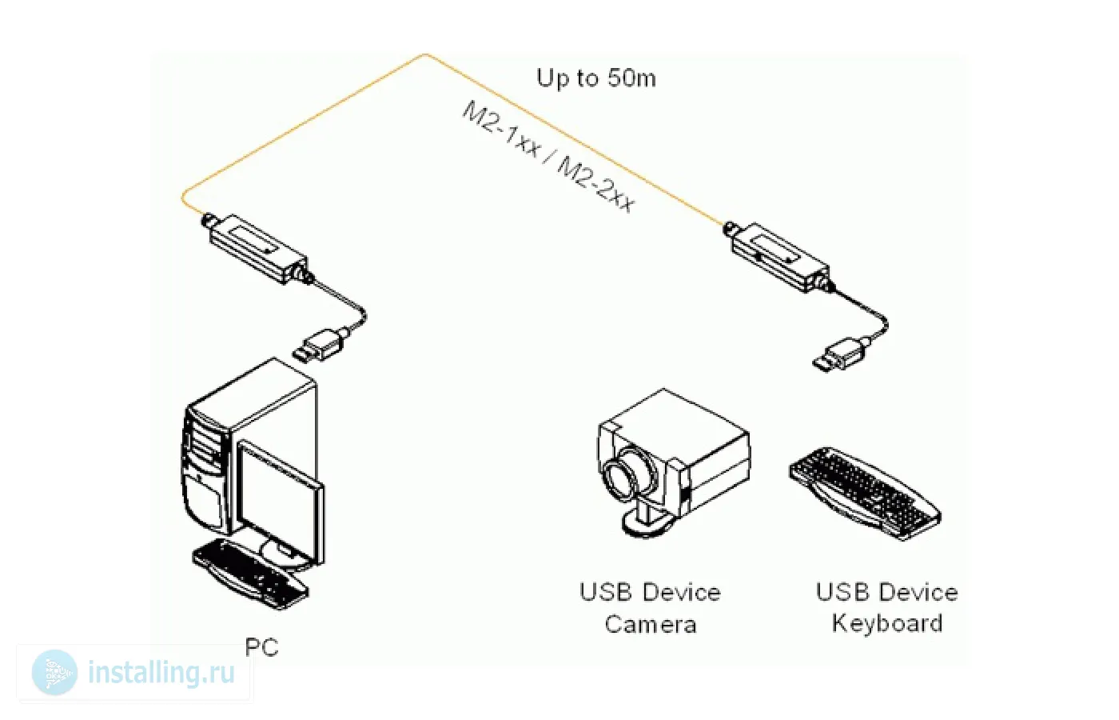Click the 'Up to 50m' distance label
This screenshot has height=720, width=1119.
596,78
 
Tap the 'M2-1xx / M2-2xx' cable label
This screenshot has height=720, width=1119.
549,157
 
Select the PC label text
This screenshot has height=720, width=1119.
261,646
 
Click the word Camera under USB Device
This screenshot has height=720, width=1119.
650,624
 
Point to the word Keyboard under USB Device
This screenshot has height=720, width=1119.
887,622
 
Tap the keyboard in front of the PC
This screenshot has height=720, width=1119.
249,570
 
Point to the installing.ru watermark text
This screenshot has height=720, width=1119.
161,673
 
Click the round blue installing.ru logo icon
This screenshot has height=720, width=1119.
55,673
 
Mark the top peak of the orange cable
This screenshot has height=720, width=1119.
425,55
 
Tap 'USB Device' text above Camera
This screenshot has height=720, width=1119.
650,592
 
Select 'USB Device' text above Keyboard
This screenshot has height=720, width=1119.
887,592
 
